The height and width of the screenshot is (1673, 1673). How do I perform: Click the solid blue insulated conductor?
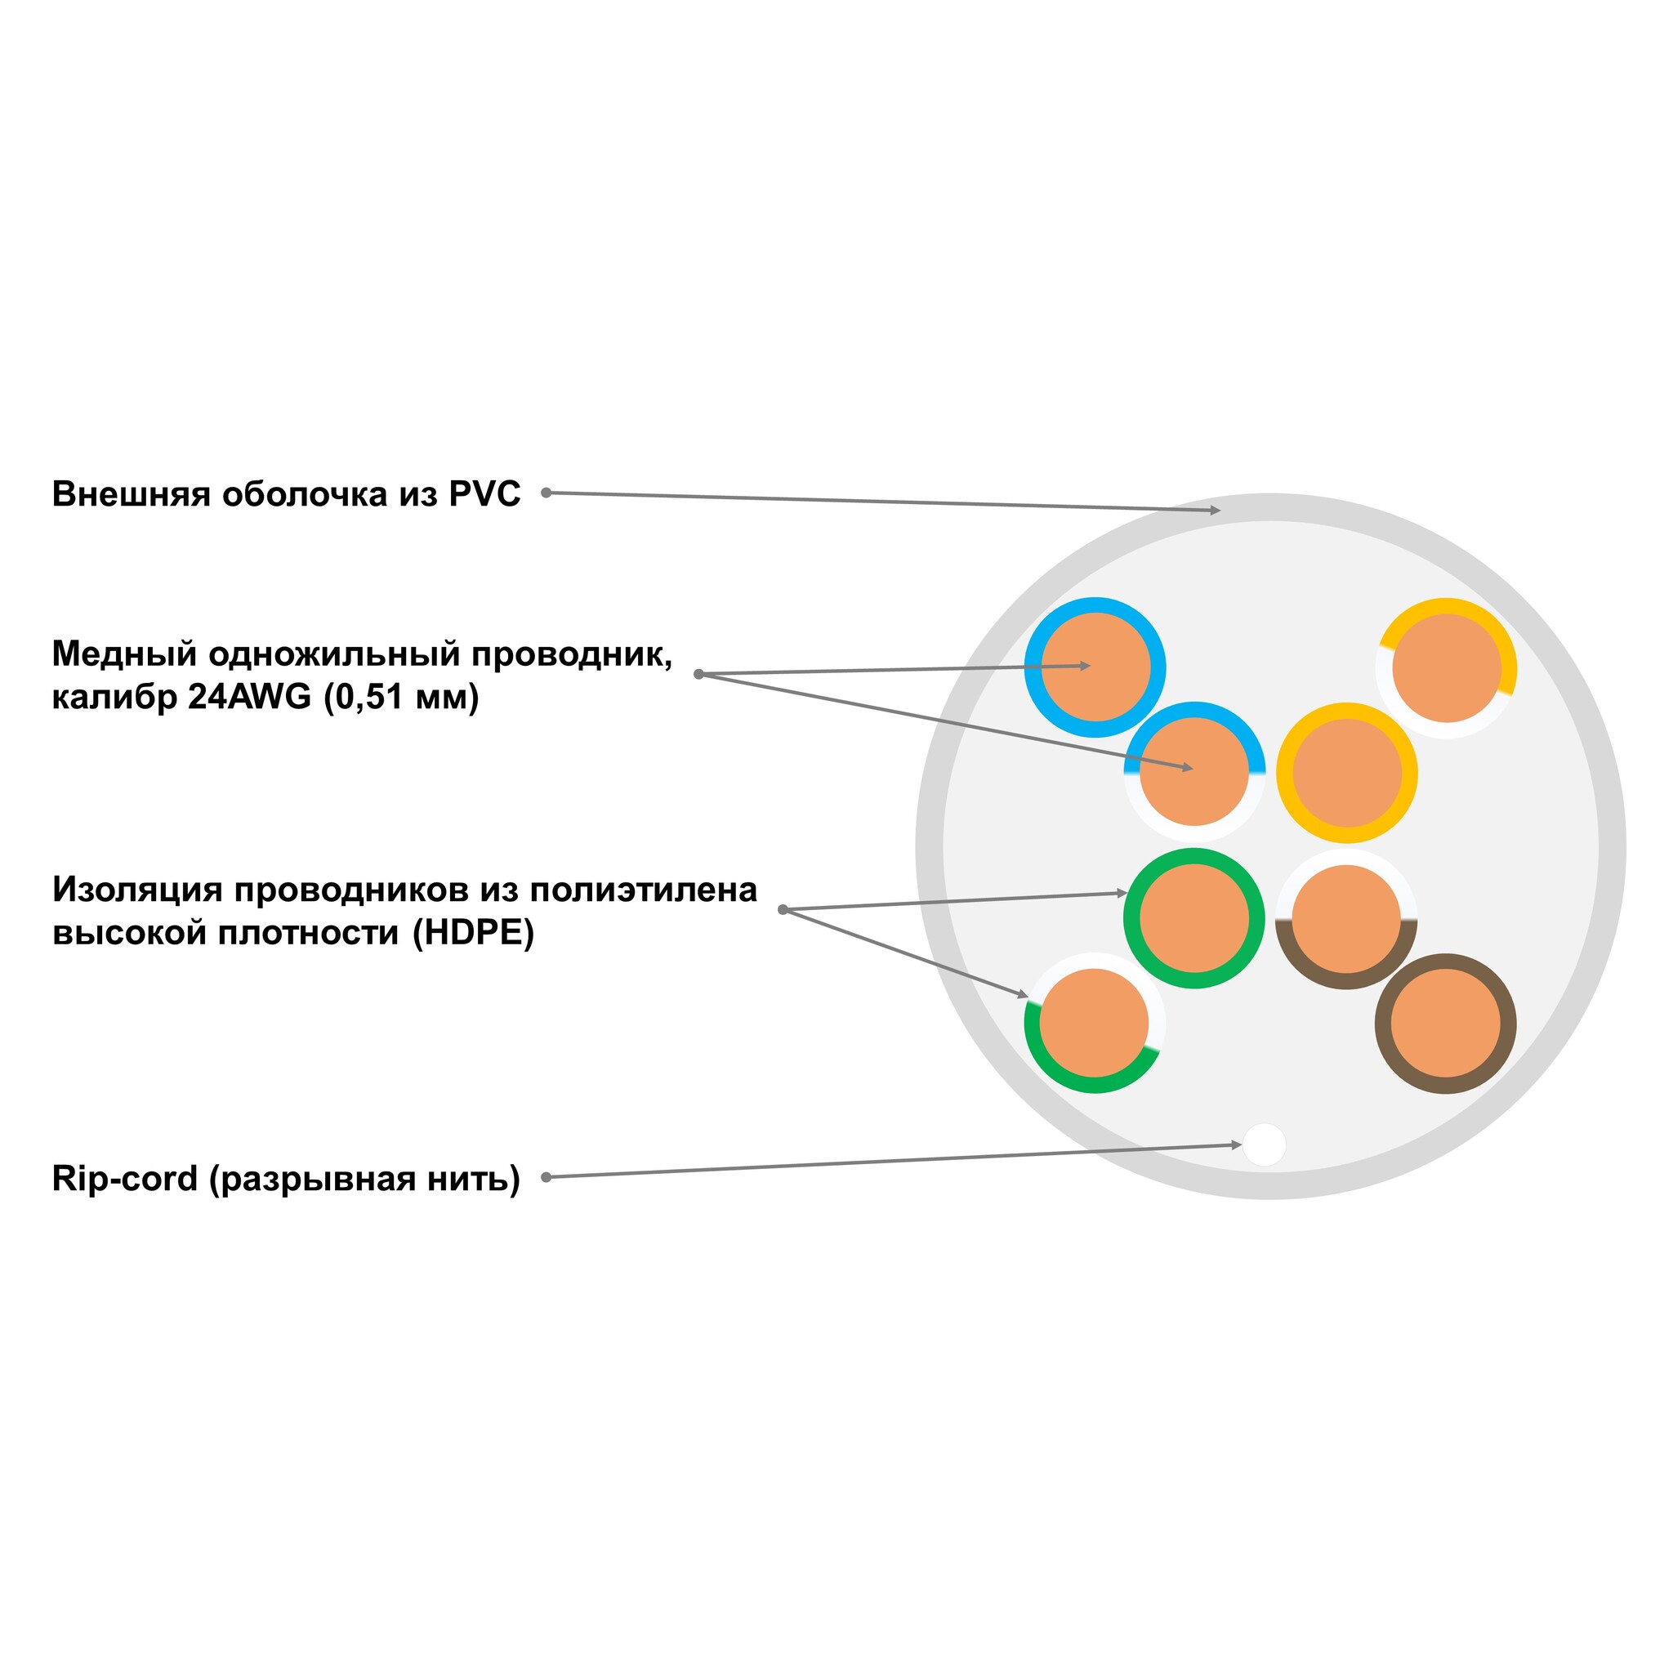1095,667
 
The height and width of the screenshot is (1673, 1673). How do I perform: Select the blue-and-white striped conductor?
1194,771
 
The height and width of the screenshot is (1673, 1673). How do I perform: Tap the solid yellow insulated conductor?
1346,773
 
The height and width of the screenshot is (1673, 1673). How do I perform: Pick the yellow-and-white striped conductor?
1446,667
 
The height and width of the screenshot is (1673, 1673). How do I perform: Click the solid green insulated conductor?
1194,918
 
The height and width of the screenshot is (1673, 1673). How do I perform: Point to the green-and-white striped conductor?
1095,1023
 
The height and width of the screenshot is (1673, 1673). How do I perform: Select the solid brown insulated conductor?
1445,1023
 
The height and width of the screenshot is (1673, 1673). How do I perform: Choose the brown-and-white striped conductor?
1345,919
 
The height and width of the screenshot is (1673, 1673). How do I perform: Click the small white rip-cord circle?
1265,1144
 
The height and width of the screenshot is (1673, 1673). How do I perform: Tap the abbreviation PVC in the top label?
484,494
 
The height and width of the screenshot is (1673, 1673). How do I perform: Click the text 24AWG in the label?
249,697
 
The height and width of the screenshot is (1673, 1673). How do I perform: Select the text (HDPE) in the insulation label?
473,934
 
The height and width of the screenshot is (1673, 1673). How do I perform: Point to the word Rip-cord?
125,1179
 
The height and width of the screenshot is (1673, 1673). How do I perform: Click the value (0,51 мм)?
401,698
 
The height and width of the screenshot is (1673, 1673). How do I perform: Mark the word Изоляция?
136,890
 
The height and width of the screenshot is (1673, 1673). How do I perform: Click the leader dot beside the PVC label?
547,493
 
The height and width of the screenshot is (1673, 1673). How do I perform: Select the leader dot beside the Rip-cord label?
547,1177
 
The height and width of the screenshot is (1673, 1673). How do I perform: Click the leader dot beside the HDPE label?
783,909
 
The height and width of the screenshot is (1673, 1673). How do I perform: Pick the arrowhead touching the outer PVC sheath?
1215,511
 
